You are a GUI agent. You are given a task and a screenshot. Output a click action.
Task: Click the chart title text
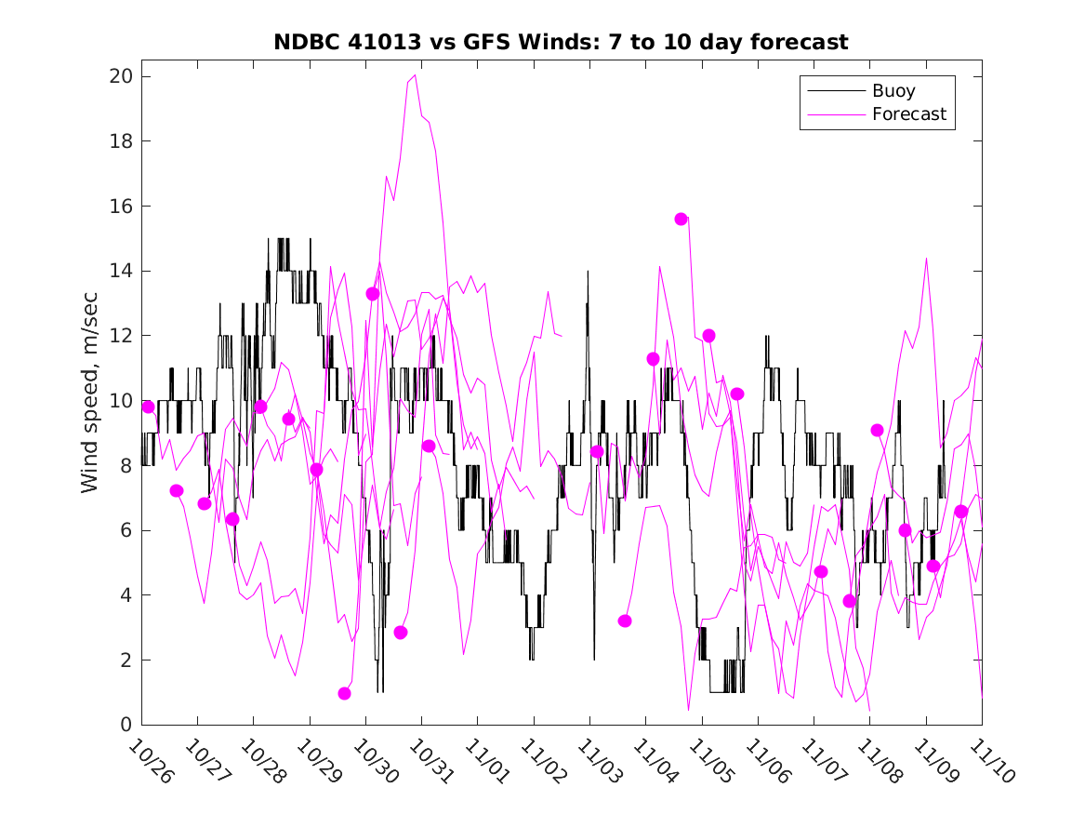[561, 43]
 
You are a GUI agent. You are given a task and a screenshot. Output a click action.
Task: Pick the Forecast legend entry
[908, 114]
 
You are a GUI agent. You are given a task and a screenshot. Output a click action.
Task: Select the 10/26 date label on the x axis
[151, 762]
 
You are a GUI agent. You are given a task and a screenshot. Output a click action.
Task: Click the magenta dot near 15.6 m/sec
[681, 219]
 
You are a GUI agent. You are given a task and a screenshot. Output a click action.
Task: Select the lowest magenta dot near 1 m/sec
[345, 693]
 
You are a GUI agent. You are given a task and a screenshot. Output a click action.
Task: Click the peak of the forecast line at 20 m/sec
[415, 75]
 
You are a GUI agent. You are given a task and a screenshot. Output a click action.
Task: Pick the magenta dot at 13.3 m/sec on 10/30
[373, 293]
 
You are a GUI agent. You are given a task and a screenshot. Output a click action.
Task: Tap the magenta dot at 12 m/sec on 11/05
[708, 335]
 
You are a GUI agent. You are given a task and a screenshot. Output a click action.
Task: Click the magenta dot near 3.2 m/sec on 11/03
[625, 621]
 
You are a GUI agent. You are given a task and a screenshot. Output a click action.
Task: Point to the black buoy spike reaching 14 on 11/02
[588, 272]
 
